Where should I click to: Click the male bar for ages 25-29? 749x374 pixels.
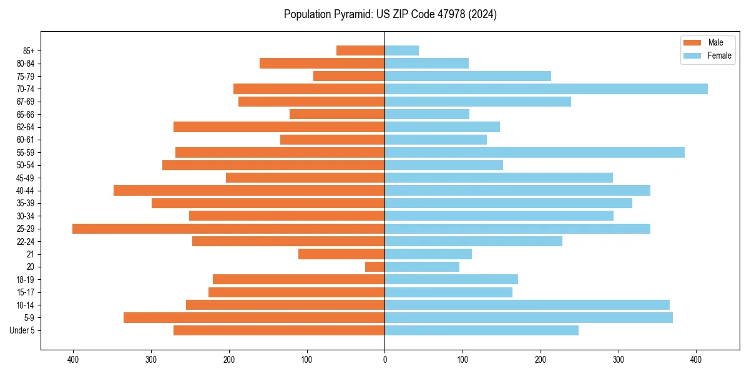228,229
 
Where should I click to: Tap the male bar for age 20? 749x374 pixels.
375,267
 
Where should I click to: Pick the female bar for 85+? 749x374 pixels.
401,50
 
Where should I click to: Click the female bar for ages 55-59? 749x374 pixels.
534,153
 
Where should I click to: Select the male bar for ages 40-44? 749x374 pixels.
249,191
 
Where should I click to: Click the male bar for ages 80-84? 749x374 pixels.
322,64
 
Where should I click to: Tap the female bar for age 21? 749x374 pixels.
428,254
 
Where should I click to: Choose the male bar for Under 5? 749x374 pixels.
279,330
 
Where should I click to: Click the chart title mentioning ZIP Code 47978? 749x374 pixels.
390,14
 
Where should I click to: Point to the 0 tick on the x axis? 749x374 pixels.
384,360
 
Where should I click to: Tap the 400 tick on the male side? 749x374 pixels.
73,360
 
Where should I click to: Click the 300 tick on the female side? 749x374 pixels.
619,360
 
